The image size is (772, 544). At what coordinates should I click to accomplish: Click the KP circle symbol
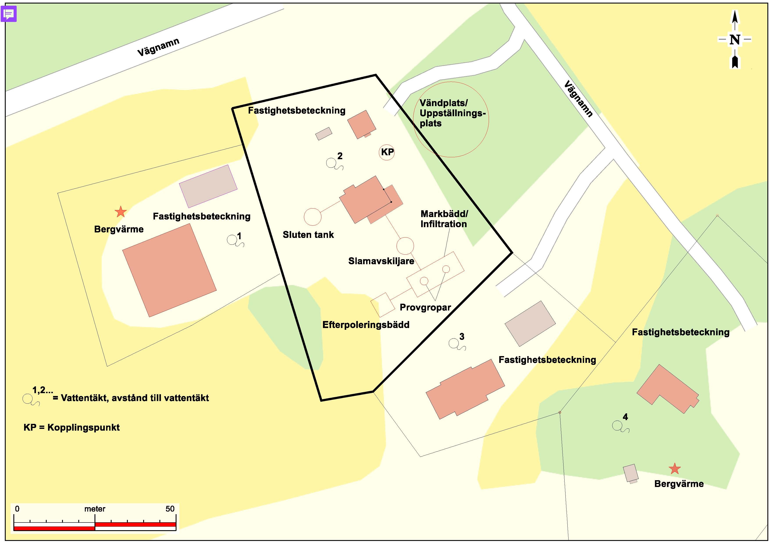387,152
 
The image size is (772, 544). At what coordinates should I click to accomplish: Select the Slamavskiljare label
381,261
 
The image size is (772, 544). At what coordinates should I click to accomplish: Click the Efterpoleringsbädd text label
366,325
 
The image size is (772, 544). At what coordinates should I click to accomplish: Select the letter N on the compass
735,40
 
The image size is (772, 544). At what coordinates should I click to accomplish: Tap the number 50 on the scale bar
170,509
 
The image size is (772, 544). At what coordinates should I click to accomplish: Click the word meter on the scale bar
95,509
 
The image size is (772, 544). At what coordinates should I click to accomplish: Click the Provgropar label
425,307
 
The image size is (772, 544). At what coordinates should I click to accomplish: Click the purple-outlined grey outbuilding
208,186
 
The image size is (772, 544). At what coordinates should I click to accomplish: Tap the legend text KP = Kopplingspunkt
72,427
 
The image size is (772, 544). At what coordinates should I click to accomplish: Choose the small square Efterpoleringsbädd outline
383,305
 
